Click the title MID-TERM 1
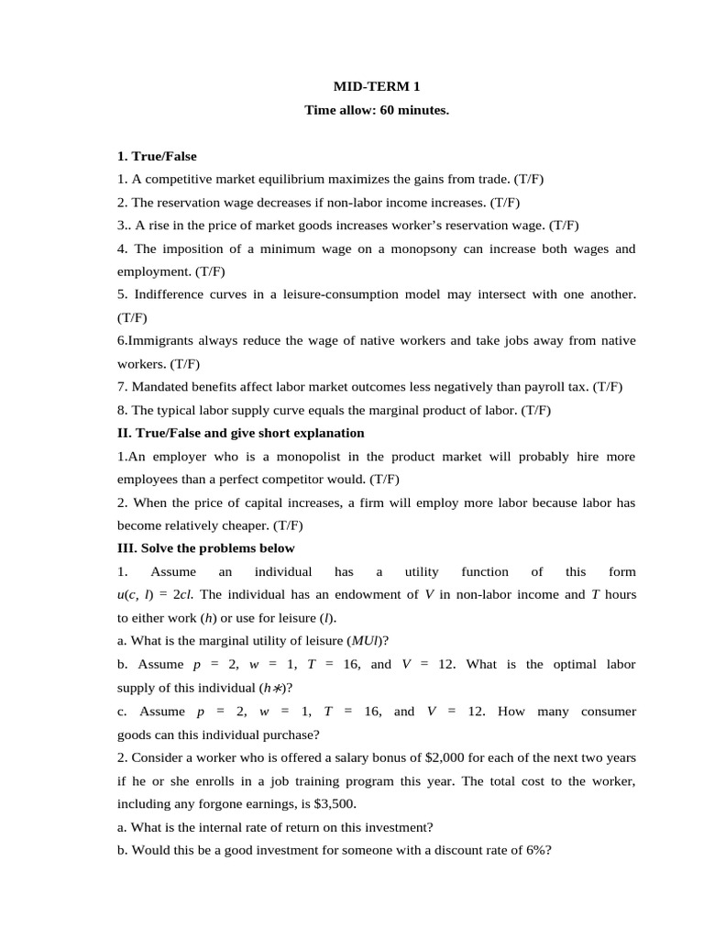coord(377,87)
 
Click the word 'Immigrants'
coord(163,340)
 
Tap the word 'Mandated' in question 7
coord(160,387)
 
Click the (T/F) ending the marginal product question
coord(536,410)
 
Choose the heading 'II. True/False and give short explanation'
coord(240,433)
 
